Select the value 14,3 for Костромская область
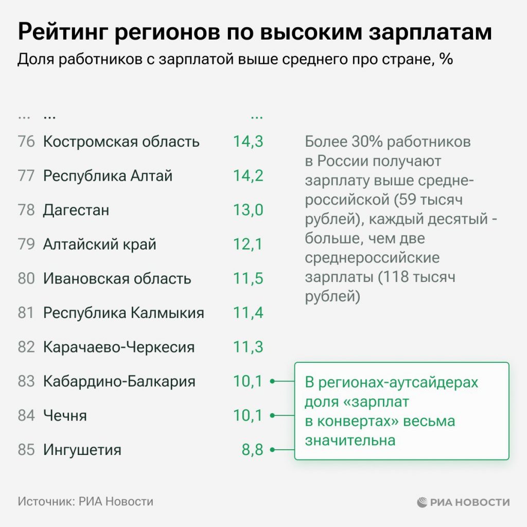248,142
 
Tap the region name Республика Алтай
108,176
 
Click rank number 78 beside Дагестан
26,210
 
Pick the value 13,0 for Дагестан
248,210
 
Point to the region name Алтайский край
99,244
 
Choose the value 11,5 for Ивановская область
248,278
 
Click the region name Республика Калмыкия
124,313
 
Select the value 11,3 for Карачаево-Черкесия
248,347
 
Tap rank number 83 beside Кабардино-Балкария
26,381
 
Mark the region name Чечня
65,415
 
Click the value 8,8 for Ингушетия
252,450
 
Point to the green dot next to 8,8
272,450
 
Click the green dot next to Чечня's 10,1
272,415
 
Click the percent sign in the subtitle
446,59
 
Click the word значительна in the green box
350,441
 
